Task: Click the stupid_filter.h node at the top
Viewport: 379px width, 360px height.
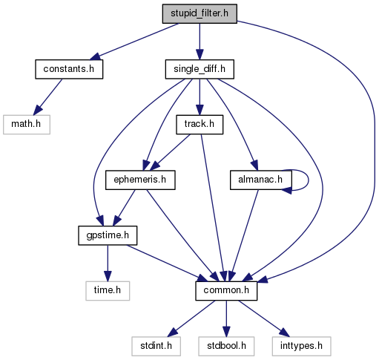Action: (200, 13)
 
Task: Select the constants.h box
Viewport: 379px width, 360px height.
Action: (69, 69)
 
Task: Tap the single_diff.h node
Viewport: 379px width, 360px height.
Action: (200, 69)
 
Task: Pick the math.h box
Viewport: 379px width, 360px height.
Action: (27, 125)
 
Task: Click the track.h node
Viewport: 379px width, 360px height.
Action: (200, 125)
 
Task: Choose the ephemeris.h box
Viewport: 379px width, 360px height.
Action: (140, 180)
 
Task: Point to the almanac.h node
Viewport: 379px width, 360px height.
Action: (261, 180)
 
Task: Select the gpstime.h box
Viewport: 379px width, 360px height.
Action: (108, 235)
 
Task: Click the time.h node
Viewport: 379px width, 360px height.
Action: (108, 291)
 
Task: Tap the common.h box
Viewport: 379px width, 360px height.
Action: (226, 291)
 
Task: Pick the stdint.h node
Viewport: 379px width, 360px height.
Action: (156, 346)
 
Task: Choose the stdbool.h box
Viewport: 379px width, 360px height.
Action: (226, 346)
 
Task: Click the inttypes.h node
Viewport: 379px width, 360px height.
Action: (301, 346)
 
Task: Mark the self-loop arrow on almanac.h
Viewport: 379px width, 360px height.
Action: (309, 180)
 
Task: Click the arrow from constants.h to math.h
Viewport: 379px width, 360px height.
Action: (47, 97)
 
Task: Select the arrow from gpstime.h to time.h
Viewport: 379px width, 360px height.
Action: (108, 264)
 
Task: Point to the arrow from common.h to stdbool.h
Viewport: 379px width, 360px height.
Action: (226, 318)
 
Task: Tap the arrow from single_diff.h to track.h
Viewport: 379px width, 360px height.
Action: (200, 97)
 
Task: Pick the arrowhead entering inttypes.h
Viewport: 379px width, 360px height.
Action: (285, 333)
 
